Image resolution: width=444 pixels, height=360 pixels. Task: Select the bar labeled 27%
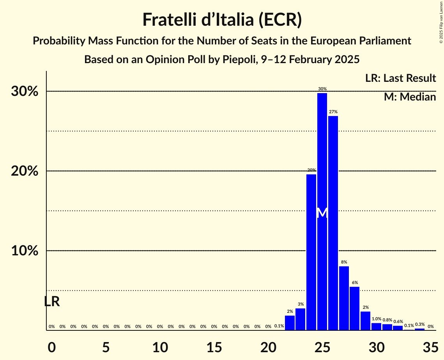(x=333, y=222)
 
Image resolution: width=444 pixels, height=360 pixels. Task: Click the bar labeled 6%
(x=354, y=308)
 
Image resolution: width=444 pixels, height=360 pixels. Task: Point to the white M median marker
(x=322, y=213)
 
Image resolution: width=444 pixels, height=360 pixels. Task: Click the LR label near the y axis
(x=52, y=301)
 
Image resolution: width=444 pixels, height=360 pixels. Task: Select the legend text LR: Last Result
(x=400, y=78)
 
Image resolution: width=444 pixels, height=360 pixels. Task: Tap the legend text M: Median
(x=409, y=97)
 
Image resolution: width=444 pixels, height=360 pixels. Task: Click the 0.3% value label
(x=420, y=325)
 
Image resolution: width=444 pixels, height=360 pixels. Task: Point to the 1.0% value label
(x=376, y=319)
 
